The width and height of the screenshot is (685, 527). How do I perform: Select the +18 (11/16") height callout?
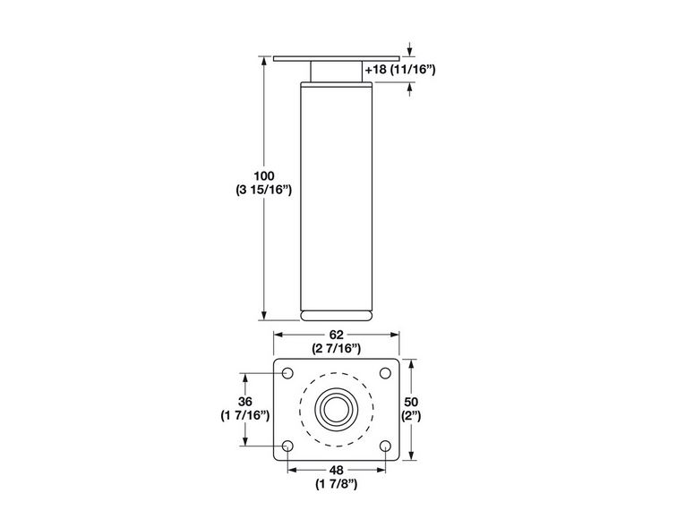coord(400,69)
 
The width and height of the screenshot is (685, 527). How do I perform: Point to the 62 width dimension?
coord(336,334)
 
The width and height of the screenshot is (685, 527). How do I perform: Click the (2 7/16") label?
coord(336,348)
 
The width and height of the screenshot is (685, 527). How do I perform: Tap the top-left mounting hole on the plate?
coord(287,373)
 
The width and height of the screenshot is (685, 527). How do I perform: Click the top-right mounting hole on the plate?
coord(385,373)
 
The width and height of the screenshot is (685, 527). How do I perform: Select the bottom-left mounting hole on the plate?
coord(287,445)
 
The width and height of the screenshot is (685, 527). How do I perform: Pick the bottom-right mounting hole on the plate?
coord(385,445)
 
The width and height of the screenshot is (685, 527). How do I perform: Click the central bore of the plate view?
coord(336,409)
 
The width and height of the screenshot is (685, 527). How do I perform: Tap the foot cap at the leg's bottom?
coord(336,314)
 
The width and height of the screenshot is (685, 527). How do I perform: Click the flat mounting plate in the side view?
coord(336,59)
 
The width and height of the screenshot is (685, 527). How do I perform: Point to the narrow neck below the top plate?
coord(336,72)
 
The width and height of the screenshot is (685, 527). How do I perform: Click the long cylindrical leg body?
coord(336,197)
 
